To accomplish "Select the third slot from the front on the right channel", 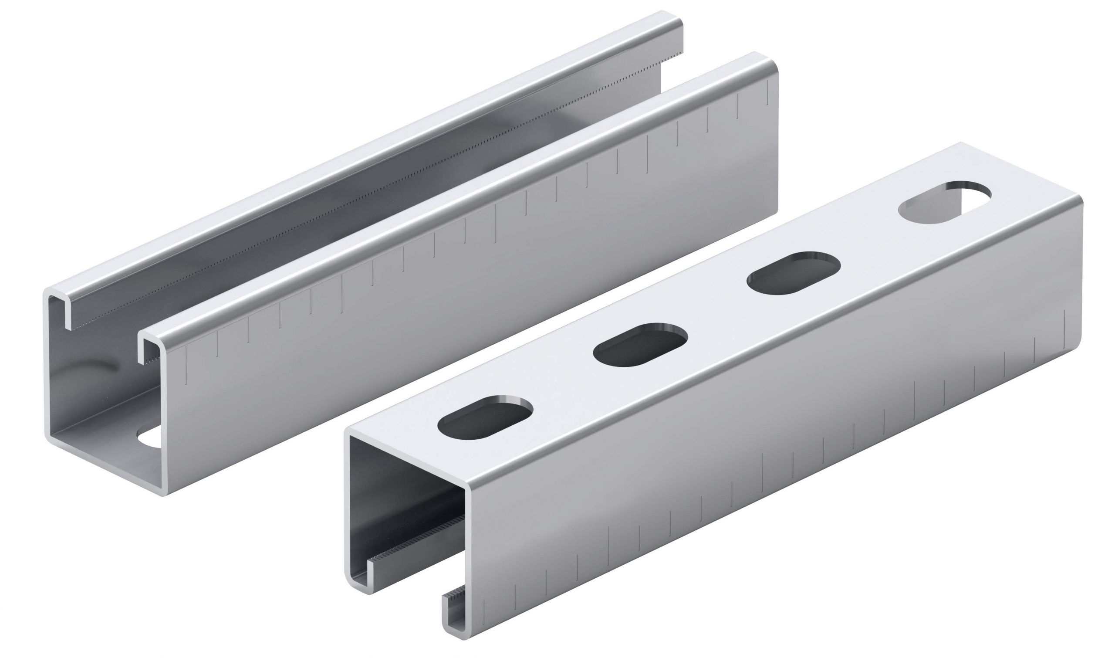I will (x=793, y=273).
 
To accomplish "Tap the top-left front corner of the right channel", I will (x=348, y=432).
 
